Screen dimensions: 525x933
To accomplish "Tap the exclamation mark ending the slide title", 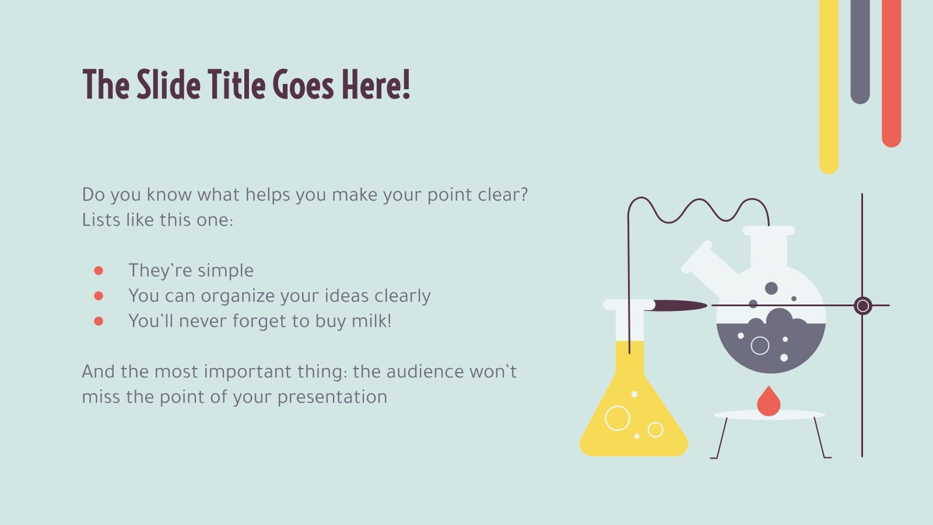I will (x=406, y=85).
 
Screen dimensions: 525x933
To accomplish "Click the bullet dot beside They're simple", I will (x=99, y=271).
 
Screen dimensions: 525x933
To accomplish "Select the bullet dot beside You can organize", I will (x=99, y=296).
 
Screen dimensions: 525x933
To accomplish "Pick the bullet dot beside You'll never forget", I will (x=99, y=321).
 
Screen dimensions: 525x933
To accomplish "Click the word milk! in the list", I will (x=371, y=321).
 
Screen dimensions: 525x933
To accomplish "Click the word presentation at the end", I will (x=332, y=397).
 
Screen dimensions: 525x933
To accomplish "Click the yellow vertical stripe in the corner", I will (x=829, y=87).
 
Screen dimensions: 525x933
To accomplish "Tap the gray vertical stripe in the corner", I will (x=860, y=52).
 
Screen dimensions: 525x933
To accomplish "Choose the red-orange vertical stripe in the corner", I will (x=892, y=73).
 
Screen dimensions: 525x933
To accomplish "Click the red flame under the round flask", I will (x=769, y=402).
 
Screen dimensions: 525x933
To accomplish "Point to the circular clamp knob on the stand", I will (x=862, y=306).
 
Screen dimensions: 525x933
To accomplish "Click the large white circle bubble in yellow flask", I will (x=618, y=418).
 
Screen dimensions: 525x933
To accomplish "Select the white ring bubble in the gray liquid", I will (x=760, y=345).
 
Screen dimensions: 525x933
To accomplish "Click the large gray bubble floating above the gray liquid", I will (x=771, y=288).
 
